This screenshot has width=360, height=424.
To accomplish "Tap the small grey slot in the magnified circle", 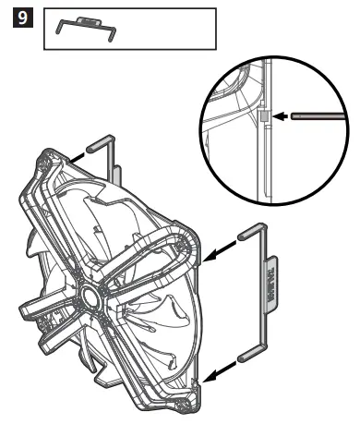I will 262,117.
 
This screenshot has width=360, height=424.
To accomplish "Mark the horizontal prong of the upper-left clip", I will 99,145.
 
